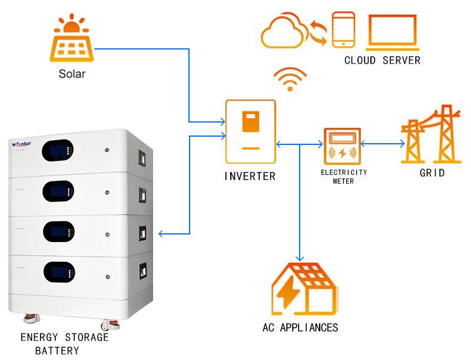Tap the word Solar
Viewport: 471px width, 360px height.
pyautogui.click(x=72, y=74)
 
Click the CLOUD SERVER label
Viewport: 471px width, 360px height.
pyautogui.click(x=382, y=61)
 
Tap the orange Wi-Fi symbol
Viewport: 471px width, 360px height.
pyautogui.click(x=290, y=80)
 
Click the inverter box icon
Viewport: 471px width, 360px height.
pyautogui.click(x=251, y=131)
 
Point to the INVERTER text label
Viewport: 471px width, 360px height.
pyautogui.click(x=250, y=176)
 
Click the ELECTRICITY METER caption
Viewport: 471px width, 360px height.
pyautogui.click(x=344, y=177)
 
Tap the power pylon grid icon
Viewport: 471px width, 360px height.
pyautogui.click(x=432, y=134)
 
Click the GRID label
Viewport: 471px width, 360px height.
pyautogui.click(x=432, y=173)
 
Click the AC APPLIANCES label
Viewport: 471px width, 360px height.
pyautogui.click(x=300, y=328)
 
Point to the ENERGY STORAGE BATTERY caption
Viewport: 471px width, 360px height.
pyautogui.click(x=65, y=344)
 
